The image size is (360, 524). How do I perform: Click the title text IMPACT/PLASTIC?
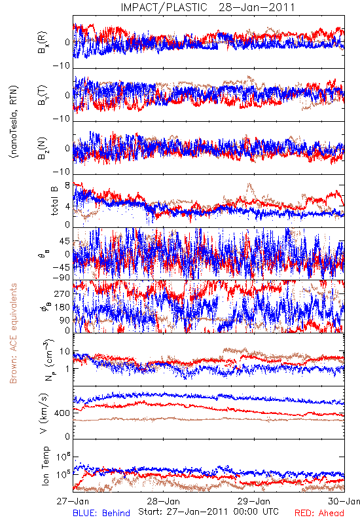click(x=164, y=7)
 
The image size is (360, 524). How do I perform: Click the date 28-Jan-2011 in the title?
click(x=257, y=7)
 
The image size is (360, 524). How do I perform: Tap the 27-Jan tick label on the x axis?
click(x=73, y=501)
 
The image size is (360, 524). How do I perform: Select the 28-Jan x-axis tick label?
click(x=163, y=501)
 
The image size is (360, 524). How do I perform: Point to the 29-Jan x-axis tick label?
click(x=254, y=501)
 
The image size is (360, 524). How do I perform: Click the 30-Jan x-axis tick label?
click(x=344, y=501)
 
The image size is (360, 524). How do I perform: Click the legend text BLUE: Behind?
click(x=101, y=513)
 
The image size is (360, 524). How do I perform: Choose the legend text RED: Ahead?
click(x=319, y=513)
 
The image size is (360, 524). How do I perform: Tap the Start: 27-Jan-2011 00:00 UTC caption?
click(x=208, y=512)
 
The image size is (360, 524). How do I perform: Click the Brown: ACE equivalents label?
click(x=13, y=333)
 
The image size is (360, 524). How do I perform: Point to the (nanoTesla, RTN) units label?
click(x=14, y=122)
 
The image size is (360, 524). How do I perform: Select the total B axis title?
click(x=54, y=200)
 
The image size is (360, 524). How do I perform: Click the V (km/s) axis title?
click(x=44, y=413)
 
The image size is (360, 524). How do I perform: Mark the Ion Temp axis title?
click(x=45, y=466)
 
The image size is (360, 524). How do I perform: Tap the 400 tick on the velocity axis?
click(x=62, y=413)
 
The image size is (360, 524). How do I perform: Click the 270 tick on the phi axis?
click(x=62, y=294)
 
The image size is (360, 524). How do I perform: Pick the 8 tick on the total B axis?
click(x=68, y=185)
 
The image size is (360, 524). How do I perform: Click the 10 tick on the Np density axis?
click(x=65, y=352)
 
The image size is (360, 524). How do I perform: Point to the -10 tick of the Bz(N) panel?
click(x=62, y=172)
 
